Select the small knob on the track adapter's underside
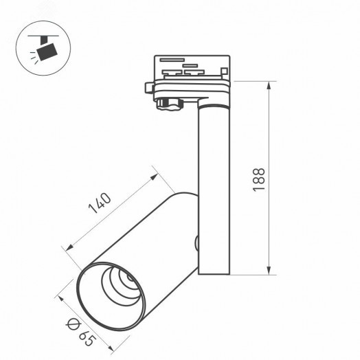tap(166, 104)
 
